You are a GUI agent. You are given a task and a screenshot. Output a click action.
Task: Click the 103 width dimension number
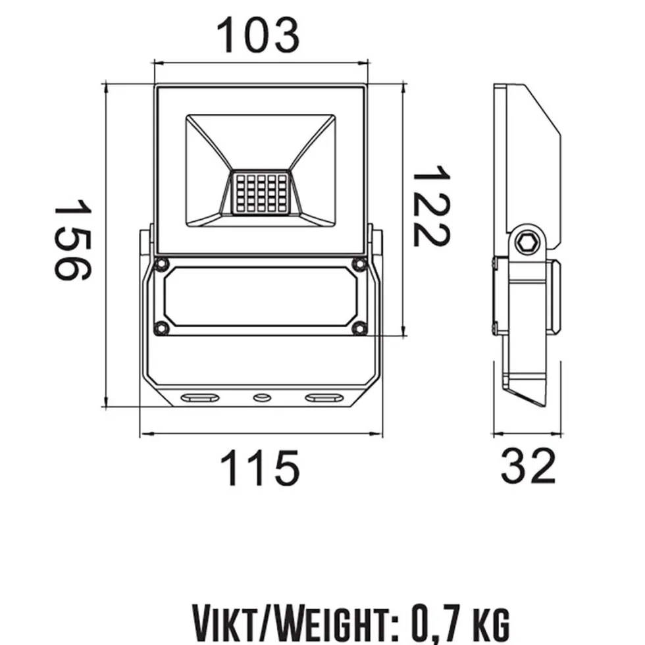click(x=258, y=36)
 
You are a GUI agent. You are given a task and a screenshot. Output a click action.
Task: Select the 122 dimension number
click(x=432, y=205)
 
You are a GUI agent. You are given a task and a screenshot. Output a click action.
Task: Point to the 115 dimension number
click(x=259, y=467)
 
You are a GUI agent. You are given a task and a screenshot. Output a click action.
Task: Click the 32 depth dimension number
click(x=528, y=466)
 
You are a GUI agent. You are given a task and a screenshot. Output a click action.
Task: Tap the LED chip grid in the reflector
click(x=261, y=193)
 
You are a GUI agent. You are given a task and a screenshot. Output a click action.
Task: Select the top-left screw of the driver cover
click(x=162, y=264)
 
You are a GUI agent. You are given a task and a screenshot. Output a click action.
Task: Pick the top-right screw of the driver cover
click(x=360, y=264)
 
